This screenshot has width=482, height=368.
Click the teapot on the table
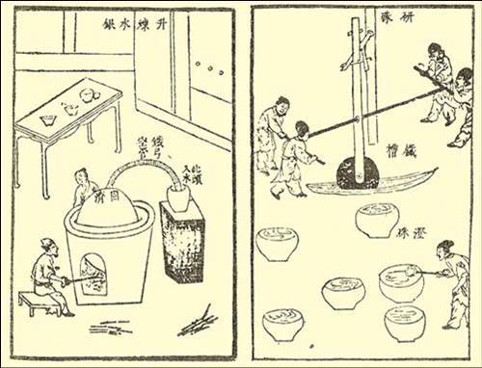coord(69,108)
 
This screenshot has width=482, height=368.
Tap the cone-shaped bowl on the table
coord(47,119)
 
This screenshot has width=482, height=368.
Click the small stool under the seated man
coord(38,302)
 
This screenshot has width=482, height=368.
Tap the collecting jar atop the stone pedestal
coord(178,197)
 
